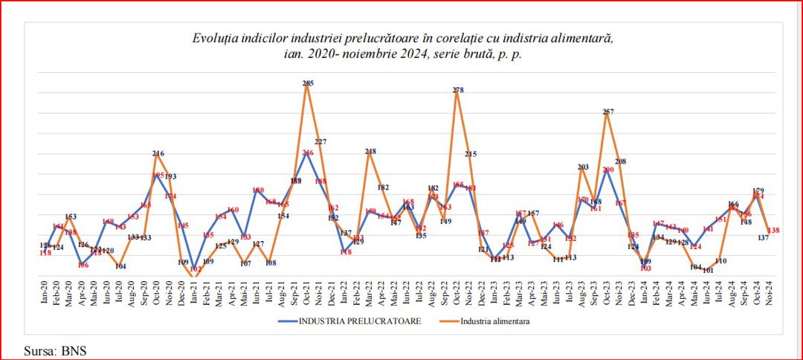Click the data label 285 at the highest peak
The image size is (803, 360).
click(308, 83)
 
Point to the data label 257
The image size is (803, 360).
click(608, 112)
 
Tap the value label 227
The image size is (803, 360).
click(321, 141)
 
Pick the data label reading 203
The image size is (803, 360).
click(583, 167)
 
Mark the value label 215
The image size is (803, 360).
click(471, 154)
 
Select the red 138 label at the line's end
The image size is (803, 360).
click(773, 231)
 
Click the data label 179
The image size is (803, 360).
click(758, 190)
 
